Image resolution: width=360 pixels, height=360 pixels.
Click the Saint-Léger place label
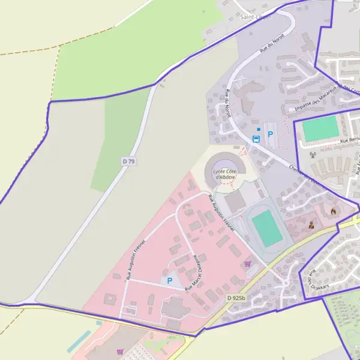pos(256,17)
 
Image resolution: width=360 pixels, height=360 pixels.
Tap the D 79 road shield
pos(128,161)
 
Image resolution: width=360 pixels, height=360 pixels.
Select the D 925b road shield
pos(236,298)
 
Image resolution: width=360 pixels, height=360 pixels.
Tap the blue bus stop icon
pos(256,139)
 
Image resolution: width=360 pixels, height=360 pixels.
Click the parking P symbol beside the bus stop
pos(270,134)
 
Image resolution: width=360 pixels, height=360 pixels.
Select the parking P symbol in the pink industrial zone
pos(169,280)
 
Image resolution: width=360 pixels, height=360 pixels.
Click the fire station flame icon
pos(334,211)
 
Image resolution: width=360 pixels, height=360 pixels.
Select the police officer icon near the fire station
pos(311,226)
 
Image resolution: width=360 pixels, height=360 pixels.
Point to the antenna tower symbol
pos(313,154)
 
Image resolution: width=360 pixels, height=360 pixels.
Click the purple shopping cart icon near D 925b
pos(247,263)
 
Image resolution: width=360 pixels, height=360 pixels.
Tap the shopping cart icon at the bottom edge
pos(121,352)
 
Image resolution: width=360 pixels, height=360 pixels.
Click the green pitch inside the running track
pos(267,229)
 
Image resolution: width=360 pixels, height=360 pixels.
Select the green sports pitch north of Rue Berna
pos(320,129)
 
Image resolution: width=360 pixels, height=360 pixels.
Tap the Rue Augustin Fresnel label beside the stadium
pos(220,212)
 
